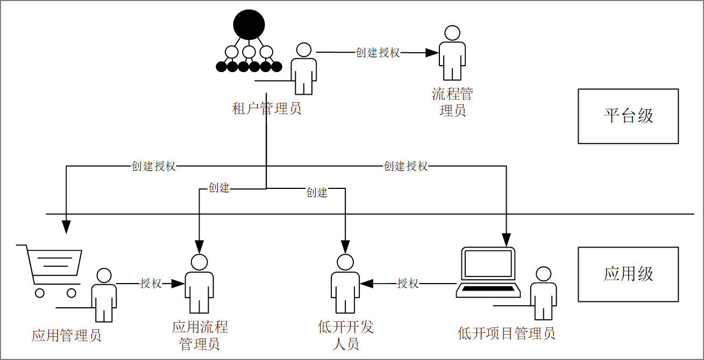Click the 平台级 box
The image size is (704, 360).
628,116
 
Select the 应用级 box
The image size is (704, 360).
628,274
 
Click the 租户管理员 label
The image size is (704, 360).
267,109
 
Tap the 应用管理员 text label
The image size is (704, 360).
67,336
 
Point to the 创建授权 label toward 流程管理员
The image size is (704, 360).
378,53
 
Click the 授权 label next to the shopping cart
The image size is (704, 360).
151,283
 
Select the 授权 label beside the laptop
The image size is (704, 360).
408,283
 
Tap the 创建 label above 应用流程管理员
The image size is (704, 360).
219,188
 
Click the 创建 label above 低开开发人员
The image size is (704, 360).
317,193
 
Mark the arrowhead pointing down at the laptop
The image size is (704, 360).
506,241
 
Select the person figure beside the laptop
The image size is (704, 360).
543,293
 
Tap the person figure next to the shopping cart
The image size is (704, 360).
104,294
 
